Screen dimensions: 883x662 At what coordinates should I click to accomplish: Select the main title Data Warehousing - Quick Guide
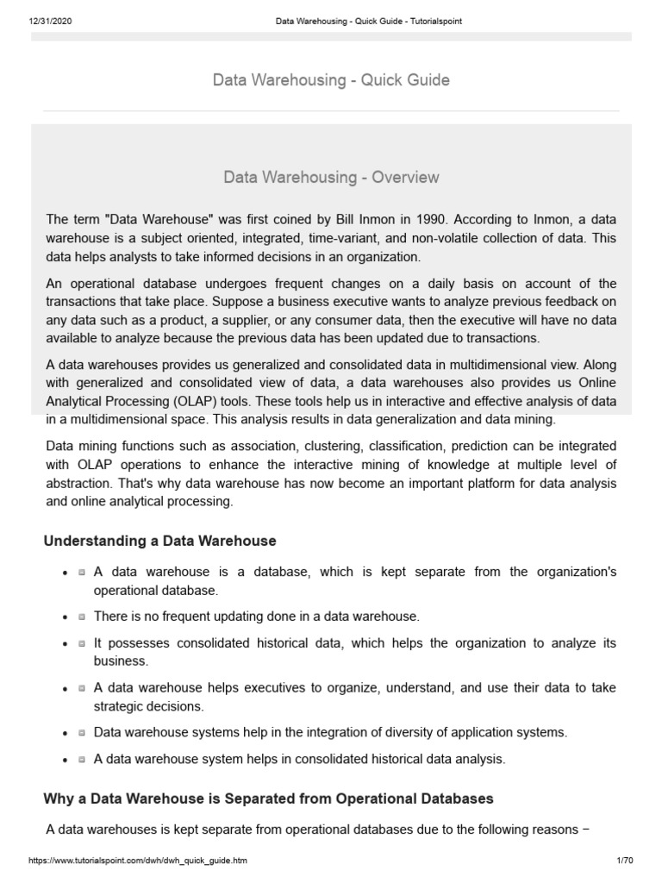pyautogui.click(x=331, y=80)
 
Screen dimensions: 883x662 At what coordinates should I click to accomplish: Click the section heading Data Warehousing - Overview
pyautogui.click(x=331, y=178)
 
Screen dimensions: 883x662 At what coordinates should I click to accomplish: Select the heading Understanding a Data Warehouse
pyautogui.click(x=159, y=541)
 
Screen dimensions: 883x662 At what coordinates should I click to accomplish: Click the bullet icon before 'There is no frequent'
pyautogui.click(x=80, y=617)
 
